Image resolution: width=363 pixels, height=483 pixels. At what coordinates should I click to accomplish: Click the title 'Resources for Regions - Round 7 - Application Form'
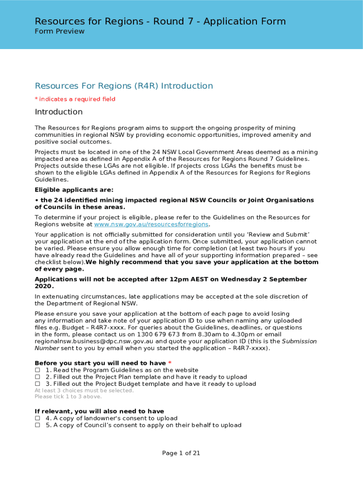click(x=160, y=21)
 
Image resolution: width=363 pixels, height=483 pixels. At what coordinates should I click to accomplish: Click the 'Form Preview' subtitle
click(x=59, y=32)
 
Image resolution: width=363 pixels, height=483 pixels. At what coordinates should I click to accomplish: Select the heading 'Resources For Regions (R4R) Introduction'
click(x=124, y=86)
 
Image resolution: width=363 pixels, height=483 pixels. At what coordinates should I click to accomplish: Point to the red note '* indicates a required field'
click(x=75, y=99)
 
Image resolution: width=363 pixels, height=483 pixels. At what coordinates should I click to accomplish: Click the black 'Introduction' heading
click(x=58, y=112)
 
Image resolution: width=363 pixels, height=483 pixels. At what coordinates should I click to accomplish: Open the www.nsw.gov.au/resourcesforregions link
click(x=151, y=225)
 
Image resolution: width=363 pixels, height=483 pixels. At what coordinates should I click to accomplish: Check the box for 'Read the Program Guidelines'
click(x=37, y=371)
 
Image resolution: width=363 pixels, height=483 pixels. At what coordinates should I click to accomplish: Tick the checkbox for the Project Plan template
click(x=37, y=377)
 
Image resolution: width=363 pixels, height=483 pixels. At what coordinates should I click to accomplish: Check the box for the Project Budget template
click(x=37, y=384)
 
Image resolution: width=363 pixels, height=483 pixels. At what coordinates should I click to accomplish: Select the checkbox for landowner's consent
click(x=37, y=418)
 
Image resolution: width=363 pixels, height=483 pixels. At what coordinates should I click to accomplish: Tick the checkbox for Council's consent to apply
click(x=37, y=425)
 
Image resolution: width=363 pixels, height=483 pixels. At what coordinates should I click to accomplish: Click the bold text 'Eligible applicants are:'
click(x=74, y=190)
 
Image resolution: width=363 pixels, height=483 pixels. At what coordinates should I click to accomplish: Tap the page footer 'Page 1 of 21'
click(x=181, y=453)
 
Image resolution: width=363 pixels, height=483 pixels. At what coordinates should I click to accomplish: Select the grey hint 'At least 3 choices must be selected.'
click(x=84, y=391)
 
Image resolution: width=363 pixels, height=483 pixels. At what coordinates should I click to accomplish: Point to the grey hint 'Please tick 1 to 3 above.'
click(x=68, y=397)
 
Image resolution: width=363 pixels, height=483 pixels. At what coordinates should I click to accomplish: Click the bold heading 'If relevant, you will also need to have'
click(x=99, y=411)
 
